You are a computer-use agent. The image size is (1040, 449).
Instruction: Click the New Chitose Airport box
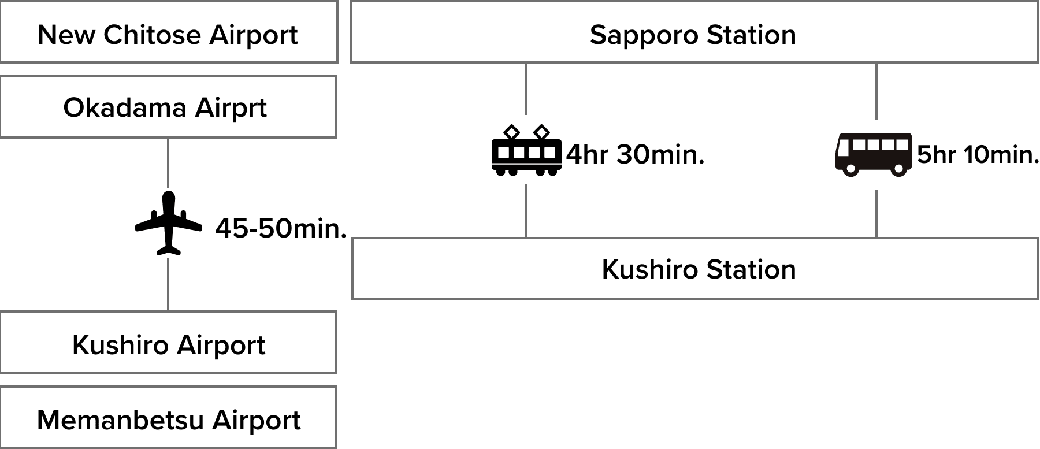click(168, 32)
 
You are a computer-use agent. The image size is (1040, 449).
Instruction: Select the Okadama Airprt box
click(168, 107)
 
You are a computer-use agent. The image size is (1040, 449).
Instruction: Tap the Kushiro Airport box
click(168, 343)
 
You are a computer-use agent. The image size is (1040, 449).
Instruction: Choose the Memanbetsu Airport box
click(168, 417)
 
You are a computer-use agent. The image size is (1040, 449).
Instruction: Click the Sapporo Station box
click(693, 32)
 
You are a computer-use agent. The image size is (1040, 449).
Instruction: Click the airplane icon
click(169, 223)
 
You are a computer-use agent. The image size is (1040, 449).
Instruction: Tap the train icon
click(526, 150)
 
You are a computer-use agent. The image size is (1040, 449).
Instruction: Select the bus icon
click(874, 155)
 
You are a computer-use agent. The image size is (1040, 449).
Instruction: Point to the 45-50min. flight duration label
click(281, 229)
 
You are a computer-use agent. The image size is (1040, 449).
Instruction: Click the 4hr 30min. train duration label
click(636, 155)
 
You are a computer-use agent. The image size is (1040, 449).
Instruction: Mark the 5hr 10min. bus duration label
click(978, 155)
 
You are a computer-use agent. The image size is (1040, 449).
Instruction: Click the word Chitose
click(153, 35)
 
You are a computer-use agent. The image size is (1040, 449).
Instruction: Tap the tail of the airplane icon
click(169, 250)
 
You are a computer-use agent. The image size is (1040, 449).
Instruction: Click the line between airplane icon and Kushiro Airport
click(168, 284)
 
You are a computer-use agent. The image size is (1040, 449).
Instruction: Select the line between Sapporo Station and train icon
click(526, 89)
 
